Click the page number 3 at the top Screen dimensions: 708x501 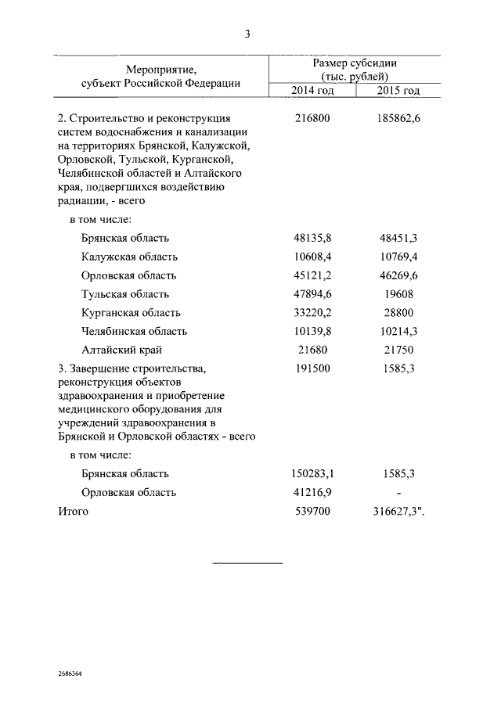(247, 33)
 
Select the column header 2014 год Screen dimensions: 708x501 (312, 91)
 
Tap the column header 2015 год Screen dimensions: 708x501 (398, 91)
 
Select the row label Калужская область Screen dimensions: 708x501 (129, 257)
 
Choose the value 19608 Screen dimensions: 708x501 (398, 294)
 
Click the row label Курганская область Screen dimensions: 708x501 (130, 313)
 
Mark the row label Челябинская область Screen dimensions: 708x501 (134, 332)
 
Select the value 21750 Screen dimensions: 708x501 (398, 350)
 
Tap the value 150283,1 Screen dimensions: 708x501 (312, 474)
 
